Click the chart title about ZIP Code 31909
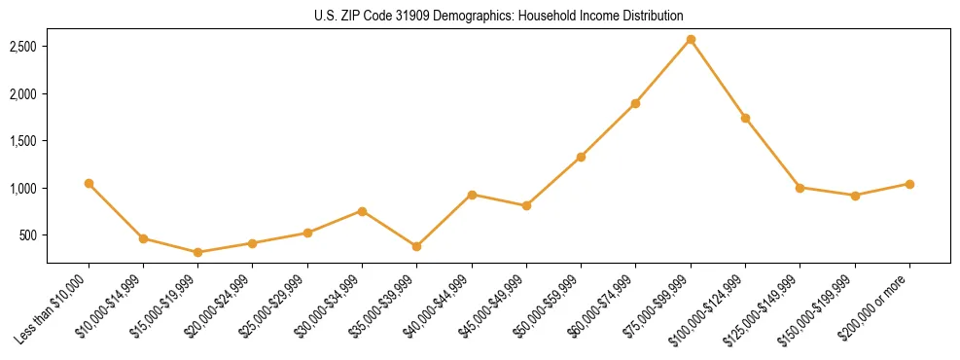point(499,16)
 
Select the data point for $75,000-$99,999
point(691,39)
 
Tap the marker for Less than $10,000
point(89,183)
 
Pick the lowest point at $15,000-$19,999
point(198,252)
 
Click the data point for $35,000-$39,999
point(362,246)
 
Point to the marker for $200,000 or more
point(909,184)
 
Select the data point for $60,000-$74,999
point(635,103)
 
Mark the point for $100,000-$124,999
point(745,118)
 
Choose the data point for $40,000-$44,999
point(472,195)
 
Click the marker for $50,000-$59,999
point(581,157)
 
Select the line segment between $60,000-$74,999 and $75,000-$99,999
point(663,71)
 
